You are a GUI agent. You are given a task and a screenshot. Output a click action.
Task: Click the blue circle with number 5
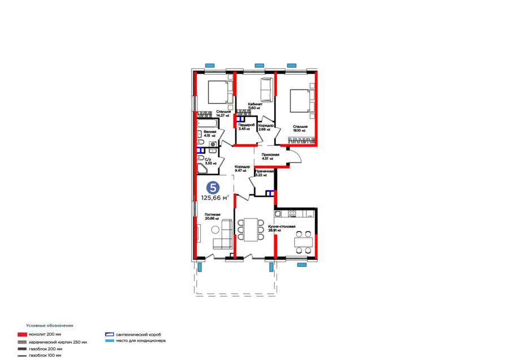213,187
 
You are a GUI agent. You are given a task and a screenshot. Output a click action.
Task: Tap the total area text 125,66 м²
215,198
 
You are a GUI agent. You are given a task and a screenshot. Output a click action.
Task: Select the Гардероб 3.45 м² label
244,127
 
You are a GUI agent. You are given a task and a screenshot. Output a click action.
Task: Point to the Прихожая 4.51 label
270,156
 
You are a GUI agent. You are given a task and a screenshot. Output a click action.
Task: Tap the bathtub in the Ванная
206,122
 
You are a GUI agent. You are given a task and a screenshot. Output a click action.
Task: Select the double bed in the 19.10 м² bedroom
300,100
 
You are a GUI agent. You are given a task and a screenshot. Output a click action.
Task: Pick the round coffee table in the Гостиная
215,230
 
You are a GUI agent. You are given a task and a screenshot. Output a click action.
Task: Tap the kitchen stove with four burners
293,213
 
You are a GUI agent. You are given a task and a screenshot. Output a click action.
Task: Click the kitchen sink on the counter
278,213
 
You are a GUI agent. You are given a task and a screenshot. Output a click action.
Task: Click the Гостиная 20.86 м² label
212,217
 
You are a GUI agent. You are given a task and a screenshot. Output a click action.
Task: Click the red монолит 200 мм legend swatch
21,335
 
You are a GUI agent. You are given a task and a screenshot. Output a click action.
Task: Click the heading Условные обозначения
50,326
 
